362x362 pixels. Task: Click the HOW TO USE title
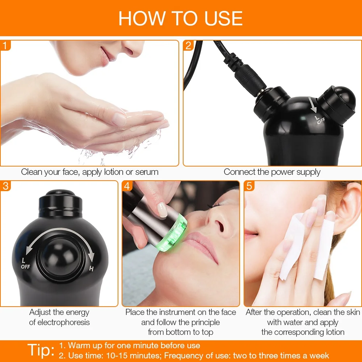tap(181, 18)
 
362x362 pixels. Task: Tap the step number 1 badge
tap(5, 46)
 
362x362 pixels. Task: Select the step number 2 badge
tap(188, 46)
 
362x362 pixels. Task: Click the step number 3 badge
tap(5, 186)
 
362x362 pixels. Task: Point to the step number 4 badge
tap(127, 186)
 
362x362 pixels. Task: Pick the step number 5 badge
tap(249, 186)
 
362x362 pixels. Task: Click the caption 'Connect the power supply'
tap(272, 172)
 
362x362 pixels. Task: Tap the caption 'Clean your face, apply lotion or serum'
tap(90, 172)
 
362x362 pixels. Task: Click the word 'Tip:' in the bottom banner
tap(41, 350)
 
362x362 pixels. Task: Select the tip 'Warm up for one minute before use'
tap(130, 345)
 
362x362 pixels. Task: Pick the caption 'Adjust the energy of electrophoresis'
tap(59, 317)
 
